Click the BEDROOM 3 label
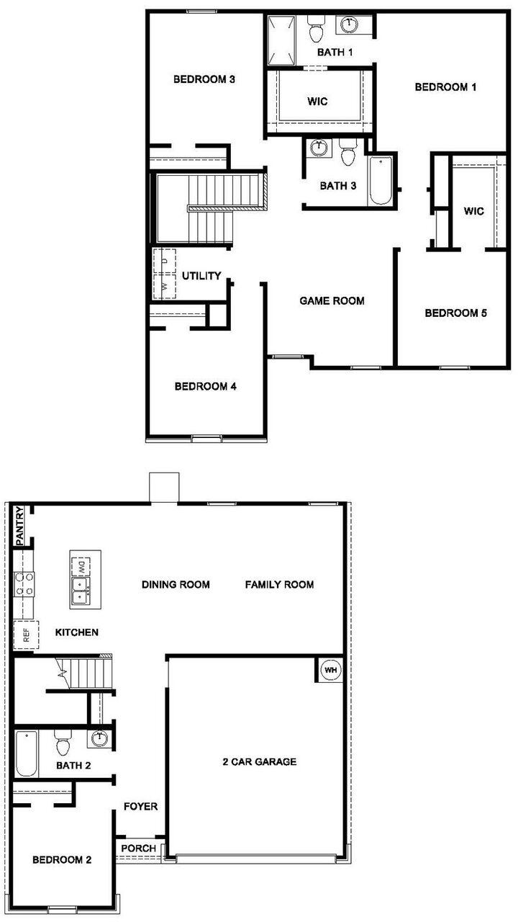click(x=204, y=79)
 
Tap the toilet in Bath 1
click(x=316, y=29)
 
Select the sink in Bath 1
click(x=349, y=24)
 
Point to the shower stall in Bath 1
click(x=281, y=40)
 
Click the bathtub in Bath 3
click(x=381, y=180)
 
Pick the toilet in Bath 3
click(x=348, y=151)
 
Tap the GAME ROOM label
click(x=332, y=301)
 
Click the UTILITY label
click(x=201, y=276)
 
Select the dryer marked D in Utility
click(x=165, y=261)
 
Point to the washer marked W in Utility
click(x=165, y=286)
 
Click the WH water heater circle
click(x=330, y=670)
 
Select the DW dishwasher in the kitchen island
click(x=81, y=567)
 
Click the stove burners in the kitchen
click(x=24, y=584)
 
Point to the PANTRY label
click(x=20, y=527)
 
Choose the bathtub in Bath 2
click(x=27, y=753)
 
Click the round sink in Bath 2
click(x=99, y=738)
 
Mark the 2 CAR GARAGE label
click(x=260, y=762)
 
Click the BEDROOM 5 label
click(x=455, y=313)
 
